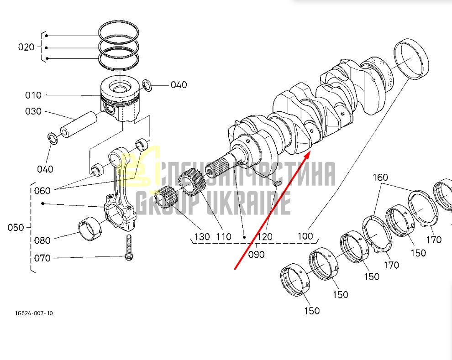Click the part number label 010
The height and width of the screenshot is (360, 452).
tap(33, 95)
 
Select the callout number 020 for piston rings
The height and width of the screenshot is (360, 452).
tap(26, 47)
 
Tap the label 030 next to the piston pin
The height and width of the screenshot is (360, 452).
tap(33, 111)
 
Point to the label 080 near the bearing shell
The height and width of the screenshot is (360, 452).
tap(42, 240)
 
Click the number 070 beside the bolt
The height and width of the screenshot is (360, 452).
tap(42, 258)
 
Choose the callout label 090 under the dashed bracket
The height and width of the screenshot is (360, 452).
tap(256, 255)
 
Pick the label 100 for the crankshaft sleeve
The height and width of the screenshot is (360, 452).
tap(305, 236)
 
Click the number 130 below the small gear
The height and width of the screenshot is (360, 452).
tap(202, 237)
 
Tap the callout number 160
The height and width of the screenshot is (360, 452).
tap(380, 177)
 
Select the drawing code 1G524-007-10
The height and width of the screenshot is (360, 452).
tap(34, 313)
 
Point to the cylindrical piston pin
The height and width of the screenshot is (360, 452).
tap(79, 125)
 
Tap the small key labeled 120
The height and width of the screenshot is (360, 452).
tap(278, 183)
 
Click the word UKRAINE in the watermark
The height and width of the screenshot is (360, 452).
tap(248, 203)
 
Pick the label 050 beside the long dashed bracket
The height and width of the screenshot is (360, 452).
tap(16, 228)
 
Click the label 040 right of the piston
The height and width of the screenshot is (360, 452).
tap(179, 85)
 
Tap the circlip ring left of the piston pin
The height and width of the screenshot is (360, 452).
tap(53, 138)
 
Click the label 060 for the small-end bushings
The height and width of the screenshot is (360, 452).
tap(42, 191)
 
